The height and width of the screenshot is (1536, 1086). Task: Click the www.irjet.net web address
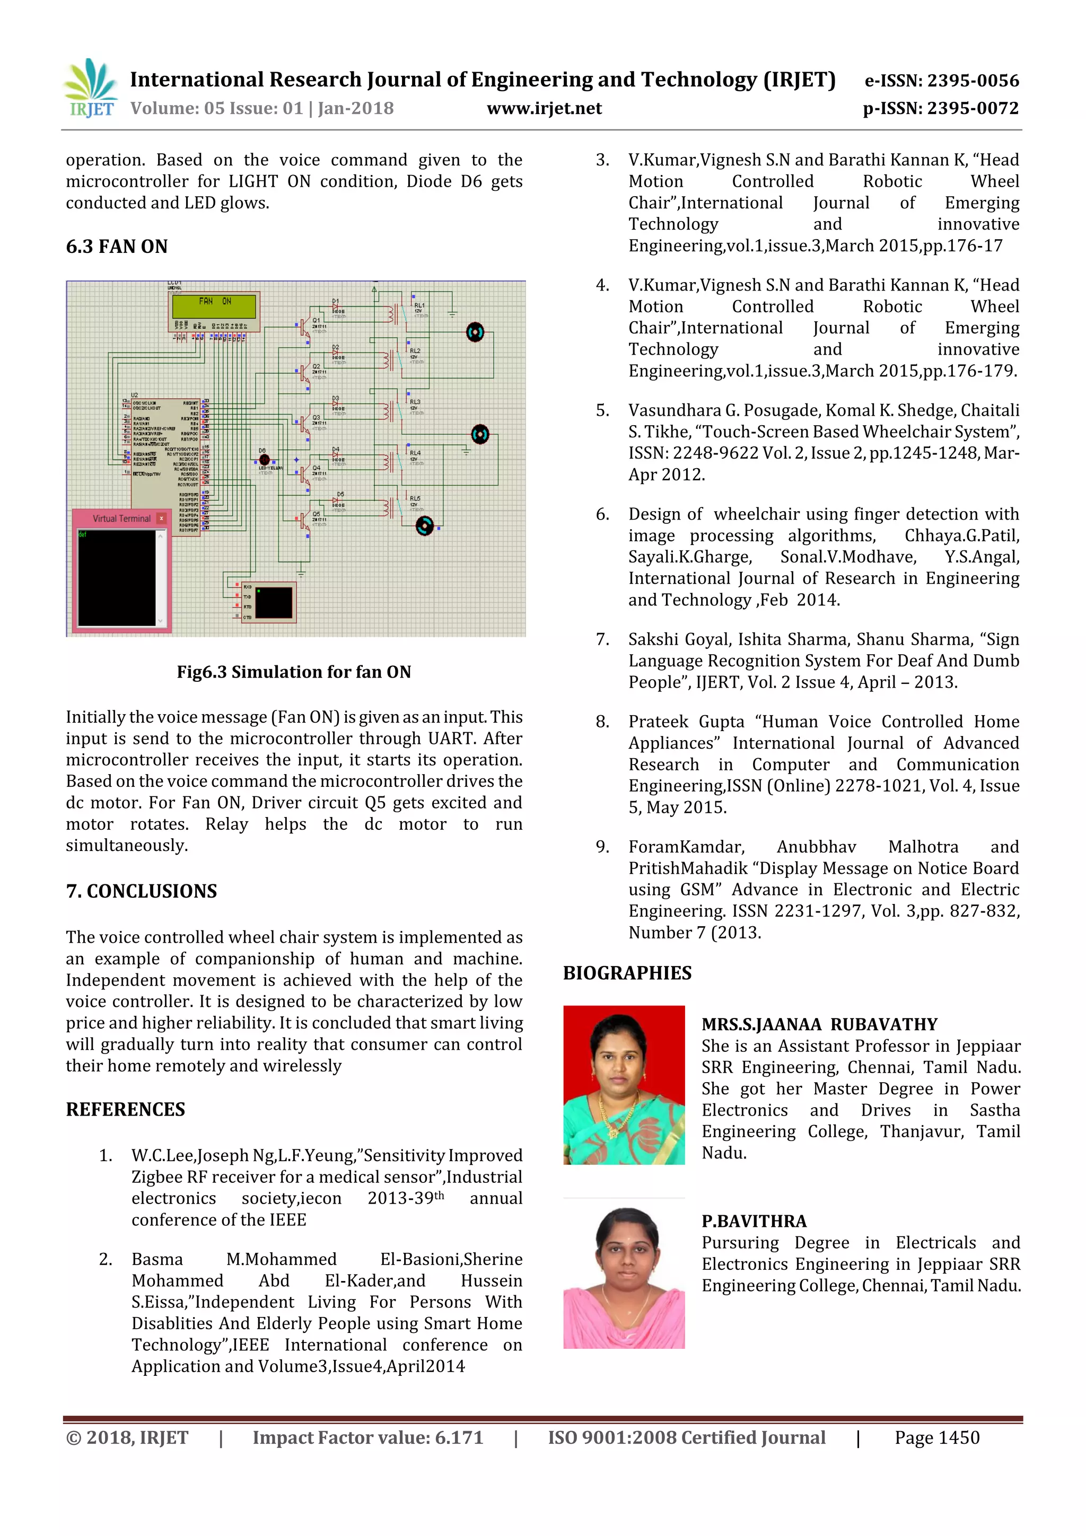click(x=544, y=108)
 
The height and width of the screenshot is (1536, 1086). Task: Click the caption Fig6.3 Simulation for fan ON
click(x=294, y=672)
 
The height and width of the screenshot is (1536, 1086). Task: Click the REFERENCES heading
click(x=125, y=1109)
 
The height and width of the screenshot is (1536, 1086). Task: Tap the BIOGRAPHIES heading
click(x=627, y=973)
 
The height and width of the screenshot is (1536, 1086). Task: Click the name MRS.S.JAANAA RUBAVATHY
click(x=819, y=1024)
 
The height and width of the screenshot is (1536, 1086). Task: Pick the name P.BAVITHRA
click(x=754, y=1221)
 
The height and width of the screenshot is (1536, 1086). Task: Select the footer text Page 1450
click(x=937, y=1438)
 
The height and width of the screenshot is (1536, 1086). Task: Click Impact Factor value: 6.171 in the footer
click(x=367, y=1438)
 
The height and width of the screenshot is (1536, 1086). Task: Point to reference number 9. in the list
click(x=602, y=847)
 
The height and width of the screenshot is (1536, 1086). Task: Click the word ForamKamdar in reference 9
click(x=686, y=847)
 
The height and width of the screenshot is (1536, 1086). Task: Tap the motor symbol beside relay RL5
click(x=424, y=526)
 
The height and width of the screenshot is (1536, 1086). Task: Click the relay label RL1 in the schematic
click(x=419, y=305)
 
